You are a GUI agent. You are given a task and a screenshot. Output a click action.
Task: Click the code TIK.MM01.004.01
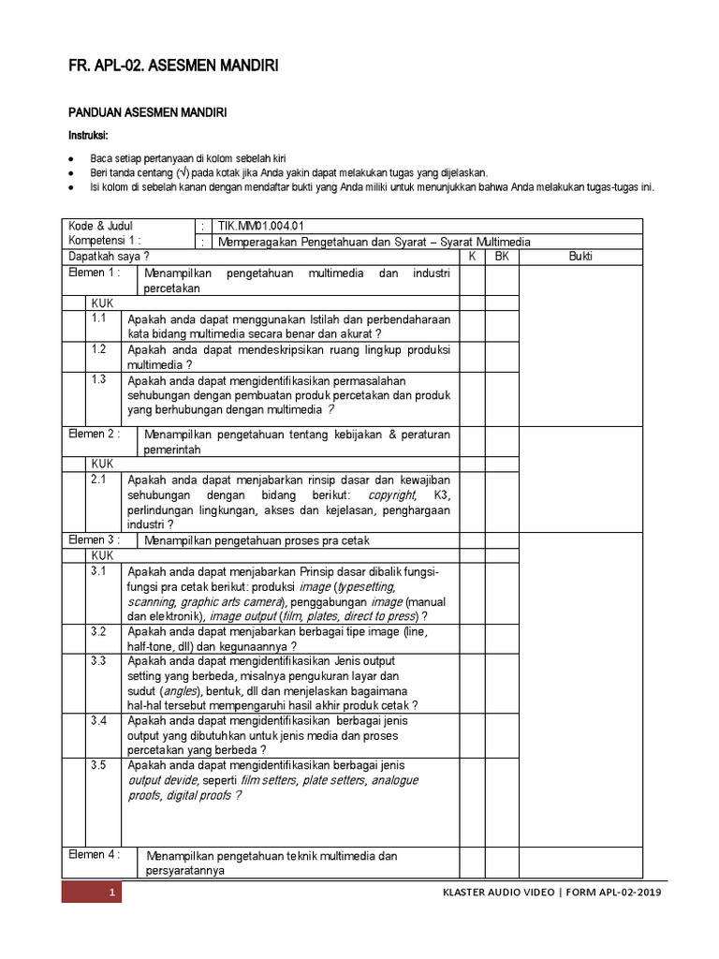click(x=261, y=226)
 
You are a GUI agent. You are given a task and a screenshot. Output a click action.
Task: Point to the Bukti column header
click(x=580, y=257)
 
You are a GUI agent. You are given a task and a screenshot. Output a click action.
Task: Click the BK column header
click(x=502, y=257)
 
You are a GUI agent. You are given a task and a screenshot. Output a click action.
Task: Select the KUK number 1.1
click(x=99, y=318)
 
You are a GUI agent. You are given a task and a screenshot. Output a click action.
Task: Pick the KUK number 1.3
click(x=99, y=379)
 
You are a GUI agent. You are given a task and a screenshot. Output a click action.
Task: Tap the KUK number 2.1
click(x=99, y=478)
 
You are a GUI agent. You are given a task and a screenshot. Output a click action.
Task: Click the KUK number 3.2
click(x=99, y=632)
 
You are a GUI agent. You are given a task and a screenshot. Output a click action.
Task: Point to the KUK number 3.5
click(x=99, y=765)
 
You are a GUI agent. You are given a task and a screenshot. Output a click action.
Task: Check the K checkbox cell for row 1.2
click(x=473, y=356)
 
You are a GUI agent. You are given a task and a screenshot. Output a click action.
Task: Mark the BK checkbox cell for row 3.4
click(x=502, y=735)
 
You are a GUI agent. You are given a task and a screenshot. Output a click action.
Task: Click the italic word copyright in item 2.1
click(x=391, y=494)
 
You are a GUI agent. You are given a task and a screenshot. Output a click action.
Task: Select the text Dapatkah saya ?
click(x=109, y=257)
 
